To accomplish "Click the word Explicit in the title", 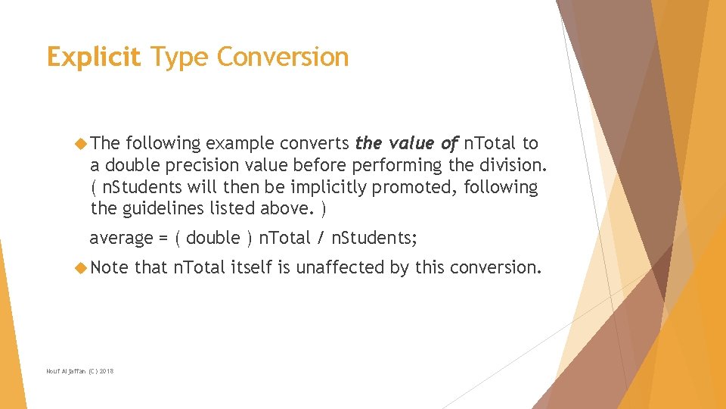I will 93,58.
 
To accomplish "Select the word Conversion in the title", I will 282,58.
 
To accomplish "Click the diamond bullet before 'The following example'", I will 82,143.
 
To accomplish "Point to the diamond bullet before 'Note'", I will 82,267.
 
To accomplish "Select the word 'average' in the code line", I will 121,238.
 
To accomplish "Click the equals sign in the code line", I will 163,239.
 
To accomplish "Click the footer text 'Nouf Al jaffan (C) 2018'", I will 80,371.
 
